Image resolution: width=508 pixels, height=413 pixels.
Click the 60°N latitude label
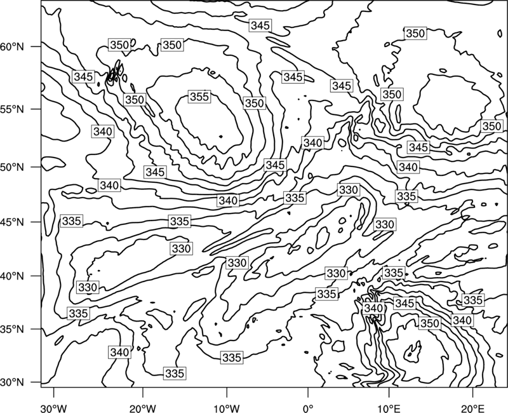[x=12, y=47]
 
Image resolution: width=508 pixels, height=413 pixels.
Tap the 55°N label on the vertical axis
[x=12, y=109]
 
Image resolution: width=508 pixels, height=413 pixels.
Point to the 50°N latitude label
[x=12, y=167]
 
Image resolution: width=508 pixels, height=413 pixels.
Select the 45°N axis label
[x=12, y=222]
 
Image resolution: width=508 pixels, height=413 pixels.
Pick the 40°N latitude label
[x=12, y=276]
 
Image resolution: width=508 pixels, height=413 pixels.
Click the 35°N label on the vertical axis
[x=12, y=329]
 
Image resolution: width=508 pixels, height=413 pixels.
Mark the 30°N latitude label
[x=12, y=383]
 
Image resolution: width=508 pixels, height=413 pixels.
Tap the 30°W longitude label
[x=54, y=408]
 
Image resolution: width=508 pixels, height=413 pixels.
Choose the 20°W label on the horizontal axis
[x=142, y=408]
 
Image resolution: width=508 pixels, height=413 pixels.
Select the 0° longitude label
[x=308, y=408]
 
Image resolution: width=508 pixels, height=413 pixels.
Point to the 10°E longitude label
[x=389, y=408]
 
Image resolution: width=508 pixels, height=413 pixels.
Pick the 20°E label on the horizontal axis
[x=472, y=408]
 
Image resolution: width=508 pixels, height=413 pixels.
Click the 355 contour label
[x=199, y=97]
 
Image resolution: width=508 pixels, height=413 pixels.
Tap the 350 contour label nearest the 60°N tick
[x=119, y=44]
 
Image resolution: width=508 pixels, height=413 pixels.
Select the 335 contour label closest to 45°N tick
[x=71, y=220]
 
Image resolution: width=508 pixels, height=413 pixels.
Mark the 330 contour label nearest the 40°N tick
[x=88, y=287]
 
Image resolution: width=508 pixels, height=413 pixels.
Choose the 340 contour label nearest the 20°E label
[x=462, y=320]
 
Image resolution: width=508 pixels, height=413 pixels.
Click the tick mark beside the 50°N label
[x=36, y=167]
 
